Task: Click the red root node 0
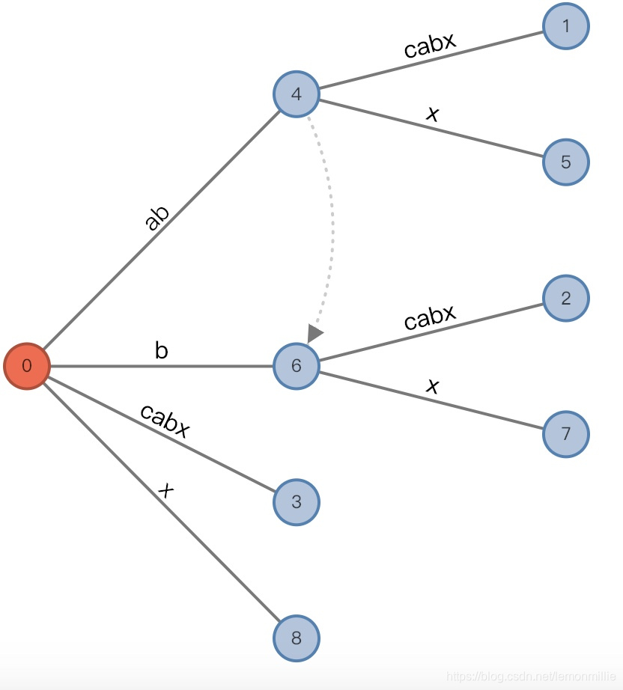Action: tap(27, 366)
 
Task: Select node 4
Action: tap(297, 94)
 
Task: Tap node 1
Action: tap(566, 26)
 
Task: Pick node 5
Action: tap(566, 162)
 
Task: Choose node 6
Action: tap(297, 366)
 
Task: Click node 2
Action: tap(566, 299)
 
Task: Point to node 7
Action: tap(566, 434)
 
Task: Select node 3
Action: tap(297, 501)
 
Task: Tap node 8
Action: tap(297, 638)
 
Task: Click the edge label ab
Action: tap(156, 218)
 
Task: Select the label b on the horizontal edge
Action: tap(161, 351)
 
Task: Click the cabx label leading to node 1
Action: tap(430, 46)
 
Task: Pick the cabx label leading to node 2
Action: tap(430, 317)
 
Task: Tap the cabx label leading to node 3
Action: tap(165, 421)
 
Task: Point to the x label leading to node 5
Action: tap(432, 114)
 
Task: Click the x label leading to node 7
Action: tap(432, 385)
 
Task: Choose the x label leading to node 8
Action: tap(166, 490)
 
